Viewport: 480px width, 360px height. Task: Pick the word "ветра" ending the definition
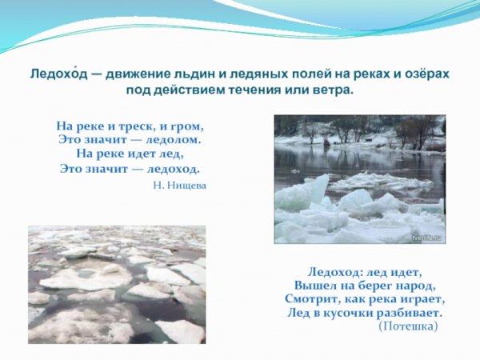coord(334,90)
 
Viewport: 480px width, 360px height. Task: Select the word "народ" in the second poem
coord(416,286)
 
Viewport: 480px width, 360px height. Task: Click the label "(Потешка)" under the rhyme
coord(407,326)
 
